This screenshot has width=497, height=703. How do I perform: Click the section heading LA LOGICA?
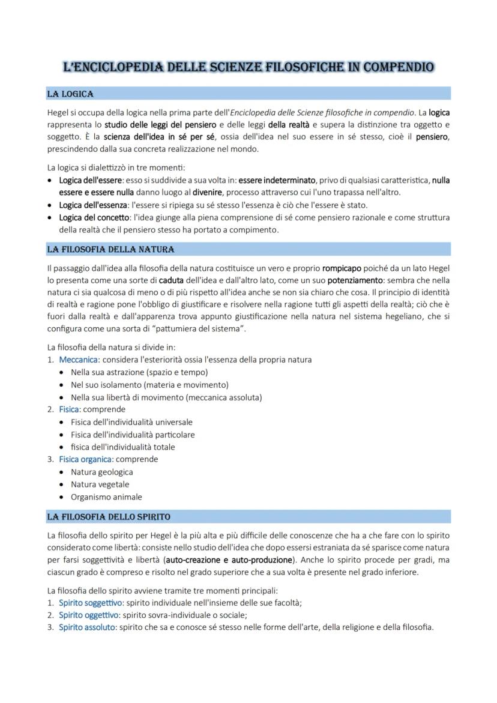point(70,94)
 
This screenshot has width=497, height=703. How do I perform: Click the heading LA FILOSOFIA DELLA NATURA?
point(110,249)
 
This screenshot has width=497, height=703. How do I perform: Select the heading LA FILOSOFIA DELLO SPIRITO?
point(109,516)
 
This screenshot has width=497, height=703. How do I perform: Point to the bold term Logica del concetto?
point(94,217)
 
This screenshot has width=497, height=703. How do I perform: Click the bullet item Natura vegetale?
point(100,484)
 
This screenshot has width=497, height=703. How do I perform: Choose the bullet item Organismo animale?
point(106,497)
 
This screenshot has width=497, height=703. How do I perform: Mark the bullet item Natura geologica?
point(101,472)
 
